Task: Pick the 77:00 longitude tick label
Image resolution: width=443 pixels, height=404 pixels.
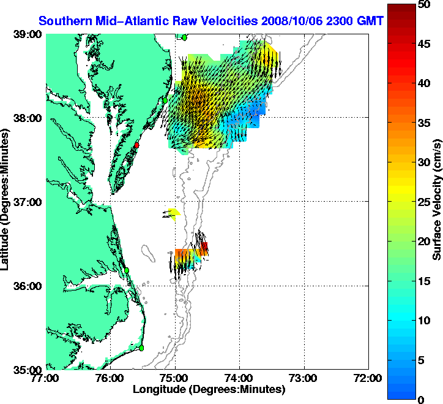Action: coord(47,378)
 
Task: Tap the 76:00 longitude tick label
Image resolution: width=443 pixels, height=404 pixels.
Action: coord(111,378)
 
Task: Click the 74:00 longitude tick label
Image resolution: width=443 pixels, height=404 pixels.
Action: coord(239,378)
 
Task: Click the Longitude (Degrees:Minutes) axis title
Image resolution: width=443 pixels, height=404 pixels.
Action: coord(209,389)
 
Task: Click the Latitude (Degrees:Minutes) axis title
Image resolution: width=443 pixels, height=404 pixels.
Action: coord(8,202)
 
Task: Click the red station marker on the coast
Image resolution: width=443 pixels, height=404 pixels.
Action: coord(138,145)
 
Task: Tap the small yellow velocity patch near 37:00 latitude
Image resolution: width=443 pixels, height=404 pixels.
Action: coord(174,213)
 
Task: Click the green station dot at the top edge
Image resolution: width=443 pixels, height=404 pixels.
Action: coord(184,37)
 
